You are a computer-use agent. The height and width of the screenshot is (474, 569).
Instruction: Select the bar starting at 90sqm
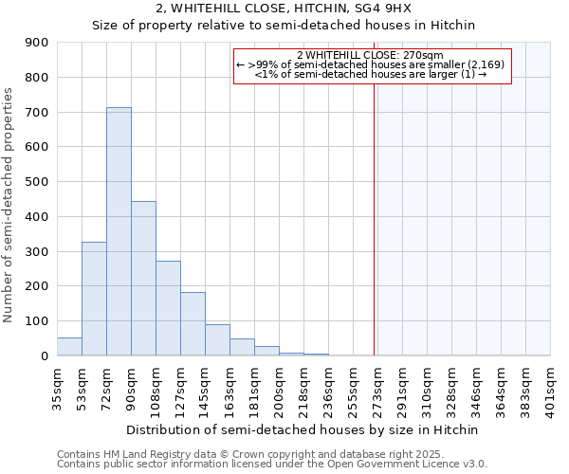(143, 278)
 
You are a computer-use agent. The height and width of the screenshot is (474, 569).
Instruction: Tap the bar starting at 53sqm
(94, 299)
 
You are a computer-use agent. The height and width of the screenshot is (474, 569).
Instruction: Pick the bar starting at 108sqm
(168, 308)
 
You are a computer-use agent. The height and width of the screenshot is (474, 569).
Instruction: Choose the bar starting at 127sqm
(193, 323)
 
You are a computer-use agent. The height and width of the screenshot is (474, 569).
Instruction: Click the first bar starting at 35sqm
(69, 346)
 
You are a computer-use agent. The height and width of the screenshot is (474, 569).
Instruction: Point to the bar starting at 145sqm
(217, 339)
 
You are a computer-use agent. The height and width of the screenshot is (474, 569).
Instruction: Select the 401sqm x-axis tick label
(550, 386)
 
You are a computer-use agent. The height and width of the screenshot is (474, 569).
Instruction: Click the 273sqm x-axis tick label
(377, 386)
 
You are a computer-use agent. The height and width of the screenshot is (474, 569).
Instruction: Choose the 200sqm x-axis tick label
(279, 386)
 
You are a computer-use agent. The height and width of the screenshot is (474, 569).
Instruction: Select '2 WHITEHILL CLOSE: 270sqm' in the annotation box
(370, 55)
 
